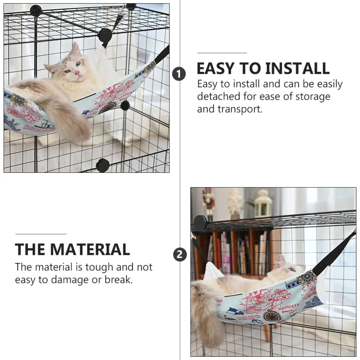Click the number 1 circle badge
[x=179, y=74]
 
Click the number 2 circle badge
[x=180, y=255]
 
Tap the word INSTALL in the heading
[x=297, y=68]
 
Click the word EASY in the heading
[x=216, y=68]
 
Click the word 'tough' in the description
[x=100, y=267]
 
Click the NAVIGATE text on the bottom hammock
[x=288, y=307]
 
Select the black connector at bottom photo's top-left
[x=200, y=223]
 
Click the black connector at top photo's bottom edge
[x=103, y=165]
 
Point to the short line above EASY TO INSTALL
[x=222, y=53]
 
